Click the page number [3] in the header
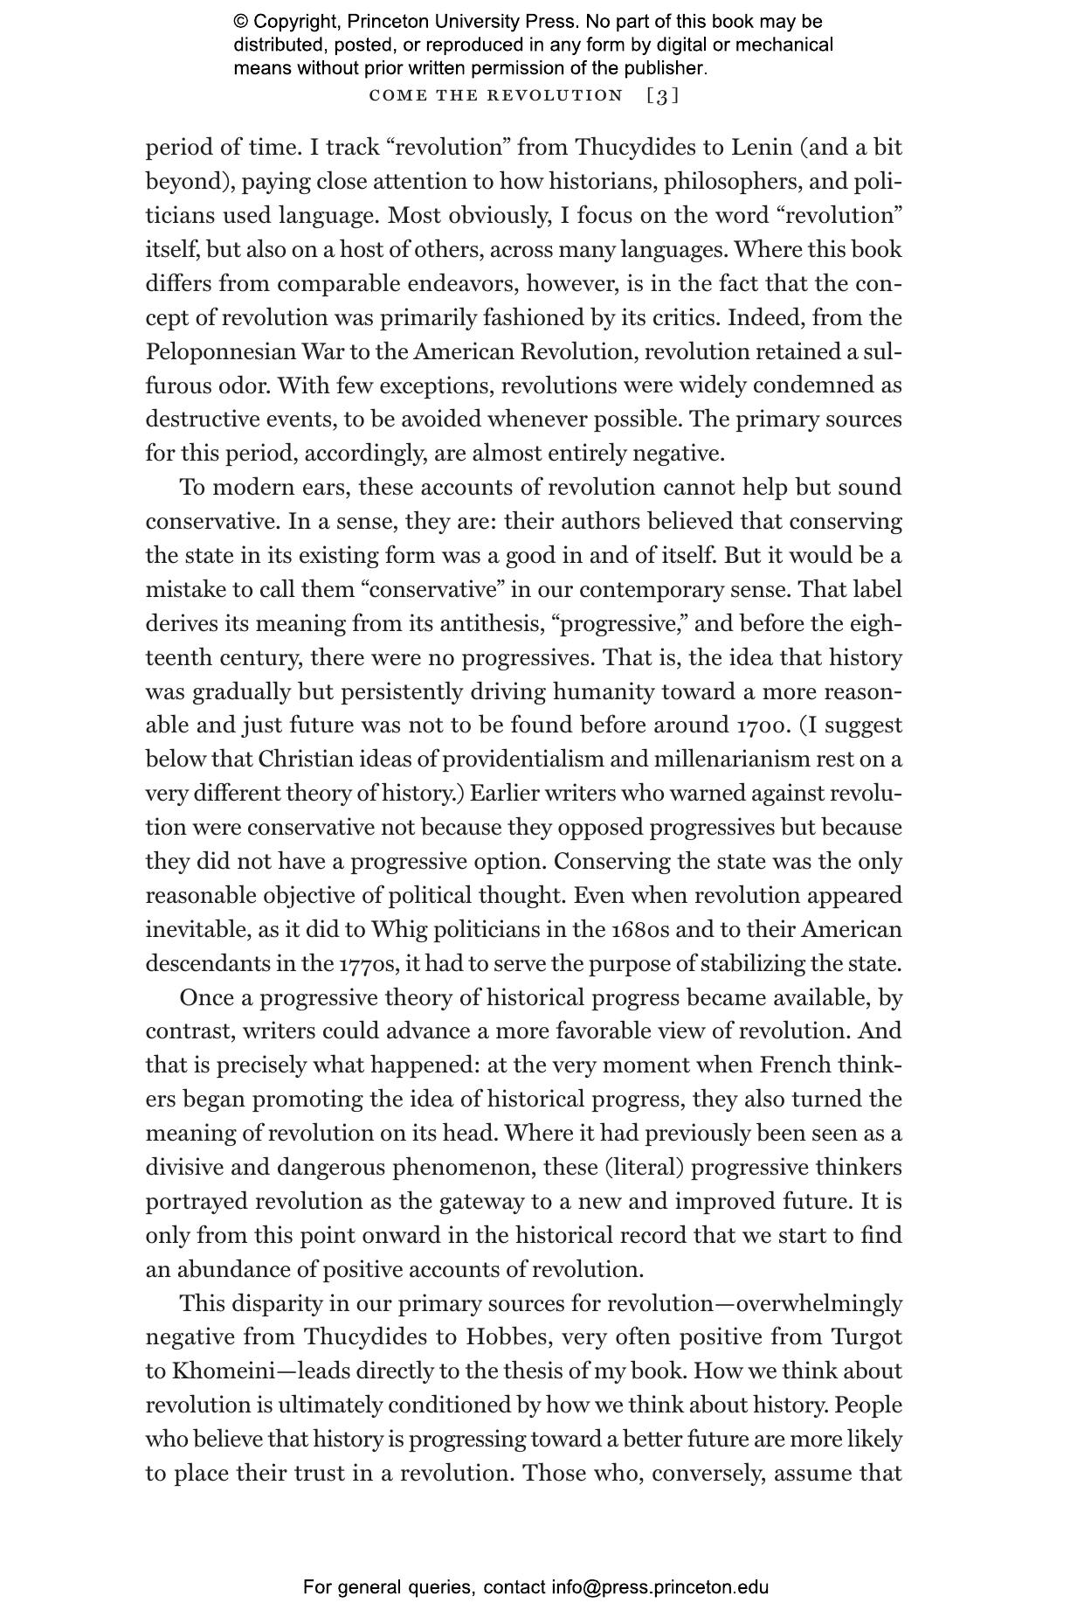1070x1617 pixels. tap(662, 96)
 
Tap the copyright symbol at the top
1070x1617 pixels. tap(240, 22)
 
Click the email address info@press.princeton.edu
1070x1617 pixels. tap(659, 1587)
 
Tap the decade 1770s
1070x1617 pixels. tap(369, 964)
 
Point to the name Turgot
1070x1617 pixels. tap(866, 1337)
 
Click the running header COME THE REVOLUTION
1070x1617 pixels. tap(496, 96)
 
